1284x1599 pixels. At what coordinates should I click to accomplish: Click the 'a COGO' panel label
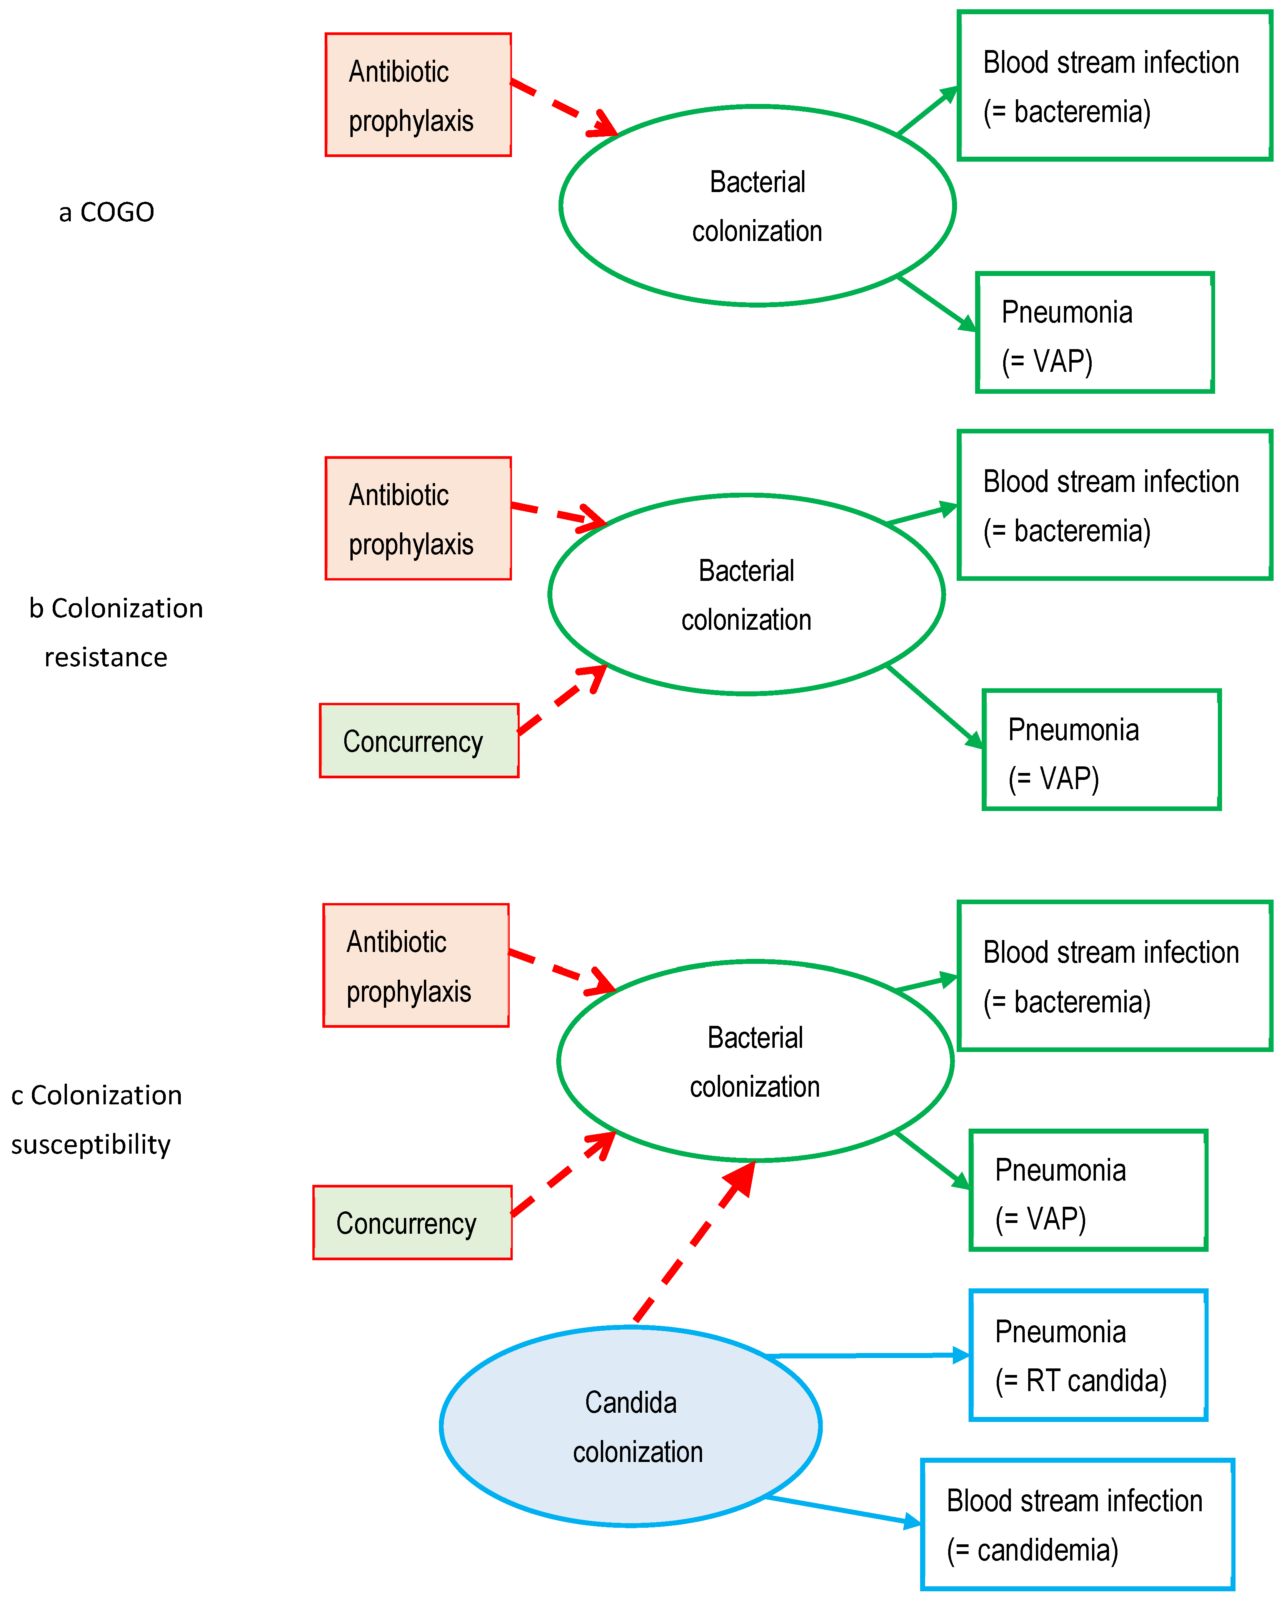pos(107,212)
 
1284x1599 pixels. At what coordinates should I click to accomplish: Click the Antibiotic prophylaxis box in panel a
pos(418,95)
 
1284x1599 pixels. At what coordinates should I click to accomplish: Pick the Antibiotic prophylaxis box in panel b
pos(418,519)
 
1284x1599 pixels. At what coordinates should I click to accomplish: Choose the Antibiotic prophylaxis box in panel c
pos(416,965)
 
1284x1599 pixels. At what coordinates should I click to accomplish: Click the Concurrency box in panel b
pos(419,741)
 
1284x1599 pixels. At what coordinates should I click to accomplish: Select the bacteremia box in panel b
pos(1114,505)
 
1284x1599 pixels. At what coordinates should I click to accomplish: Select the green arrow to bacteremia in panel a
pos(927,111)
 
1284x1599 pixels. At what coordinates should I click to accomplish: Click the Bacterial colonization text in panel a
pos(757,206)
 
